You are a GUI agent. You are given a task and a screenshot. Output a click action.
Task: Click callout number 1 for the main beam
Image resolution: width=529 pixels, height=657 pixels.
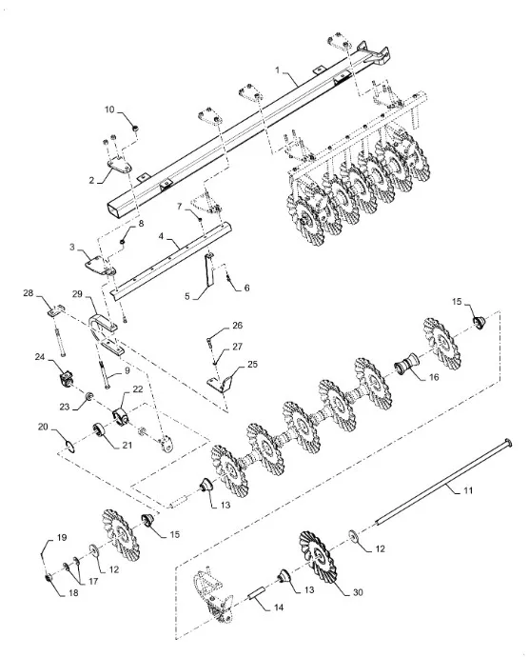277,70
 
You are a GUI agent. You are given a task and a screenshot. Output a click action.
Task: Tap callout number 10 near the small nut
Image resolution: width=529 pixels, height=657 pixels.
109,109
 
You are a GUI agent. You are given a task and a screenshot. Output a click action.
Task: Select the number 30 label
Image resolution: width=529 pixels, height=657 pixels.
358,592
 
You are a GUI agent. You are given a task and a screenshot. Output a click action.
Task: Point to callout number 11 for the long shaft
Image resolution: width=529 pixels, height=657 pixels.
468,489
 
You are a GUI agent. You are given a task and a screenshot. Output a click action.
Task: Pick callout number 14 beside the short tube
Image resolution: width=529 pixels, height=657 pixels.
279,607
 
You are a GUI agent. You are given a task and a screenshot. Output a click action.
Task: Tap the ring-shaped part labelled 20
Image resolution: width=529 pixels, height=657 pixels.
70,445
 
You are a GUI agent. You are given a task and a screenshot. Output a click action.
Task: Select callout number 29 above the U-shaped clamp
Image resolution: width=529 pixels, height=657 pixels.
77,294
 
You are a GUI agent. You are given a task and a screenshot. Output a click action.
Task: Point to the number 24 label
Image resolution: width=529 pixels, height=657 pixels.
40,356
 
